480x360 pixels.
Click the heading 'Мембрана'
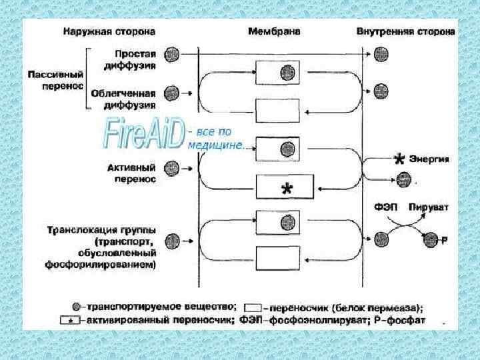pyautogui.click(x=274, y=31)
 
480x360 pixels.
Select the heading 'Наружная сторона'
pyautogui.click(x=110, y=31)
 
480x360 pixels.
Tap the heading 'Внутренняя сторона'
pyautogui.click(x=406, y=31)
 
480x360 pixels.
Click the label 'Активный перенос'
pyautogui.click(x=131, y=173)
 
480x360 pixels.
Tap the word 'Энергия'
pyautogui.click(x=429, y=159)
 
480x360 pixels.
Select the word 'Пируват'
pyautogui.click(x=429, y=207)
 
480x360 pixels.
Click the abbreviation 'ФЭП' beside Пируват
pyautogui.click(x=385, y=207)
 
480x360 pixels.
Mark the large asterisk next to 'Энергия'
pyautogui.click(x=399, y=159)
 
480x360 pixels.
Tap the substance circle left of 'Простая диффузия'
pyautogui.click(x=171, y=53)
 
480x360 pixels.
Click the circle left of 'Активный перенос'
pyautogui.click(x=171, y=167)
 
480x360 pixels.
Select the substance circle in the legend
pyautogui.click(x=77, y=307)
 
